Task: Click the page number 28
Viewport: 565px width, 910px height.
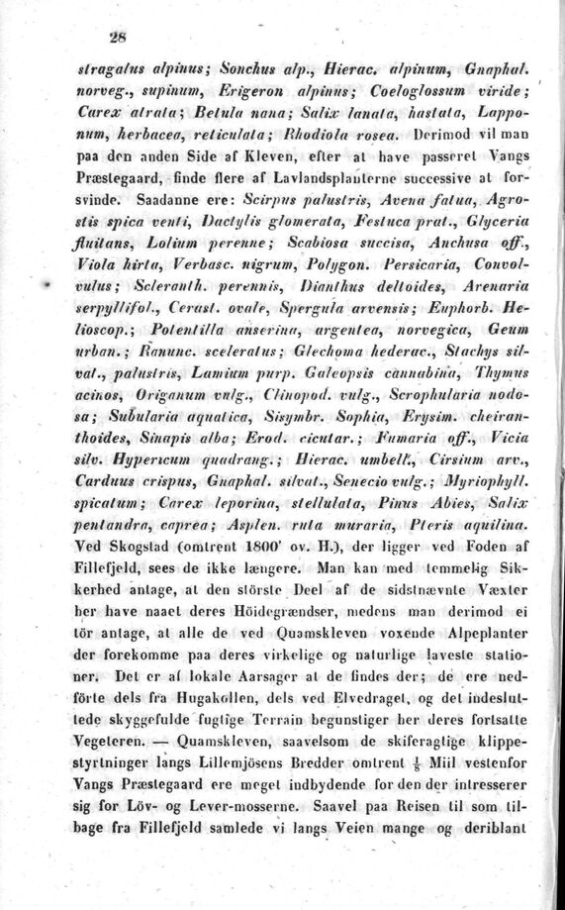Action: point(121,40)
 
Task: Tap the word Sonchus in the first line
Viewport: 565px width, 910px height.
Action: point(238,73)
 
